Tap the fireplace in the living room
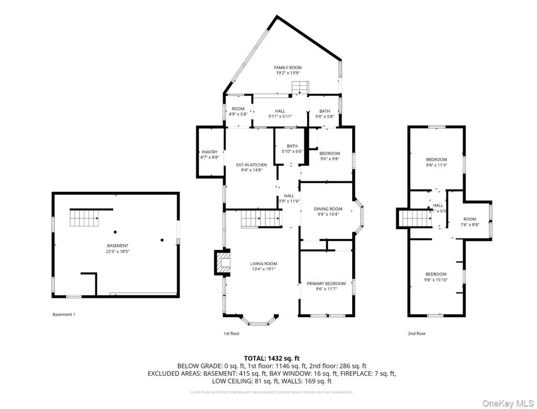223,263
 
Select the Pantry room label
209,152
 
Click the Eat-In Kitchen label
251,165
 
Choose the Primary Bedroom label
326,283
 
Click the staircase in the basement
85,218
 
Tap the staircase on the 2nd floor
417,218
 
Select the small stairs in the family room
299,88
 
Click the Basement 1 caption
64,314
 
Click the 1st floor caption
231,333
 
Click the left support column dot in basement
115,232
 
